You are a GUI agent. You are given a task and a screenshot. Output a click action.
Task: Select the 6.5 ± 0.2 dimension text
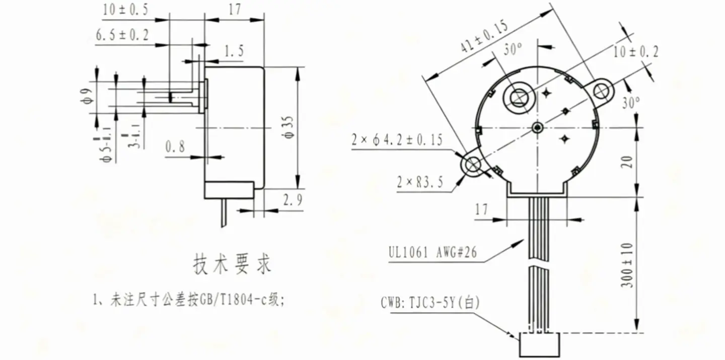pyautogui.click(x=123, y=35)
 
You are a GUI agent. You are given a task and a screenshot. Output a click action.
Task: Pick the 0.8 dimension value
pyautogui.click(x=175, y=147)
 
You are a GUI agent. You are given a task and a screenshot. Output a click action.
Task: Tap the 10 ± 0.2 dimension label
pyautogui.click(x=636, y=51)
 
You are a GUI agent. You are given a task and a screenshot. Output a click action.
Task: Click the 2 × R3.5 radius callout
pyautogui.click(x=420, y=182)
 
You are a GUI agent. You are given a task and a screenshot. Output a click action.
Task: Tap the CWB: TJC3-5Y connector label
pyautogui.click(x=431, y=303)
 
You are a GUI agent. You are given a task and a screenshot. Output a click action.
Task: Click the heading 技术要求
pyautogui.click(x=232, y=264)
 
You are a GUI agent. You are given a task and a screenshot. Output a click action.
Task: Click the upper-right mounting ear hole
pyautogui.click(x=602, y=91)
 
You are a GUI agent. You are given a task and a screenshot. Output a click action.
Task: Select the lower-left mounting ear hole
pyautogui.click(x=474, y=164)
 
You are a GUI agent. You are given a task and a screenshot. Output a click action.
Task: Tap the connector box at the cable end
pyautogui.click(x=540, y=345)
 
